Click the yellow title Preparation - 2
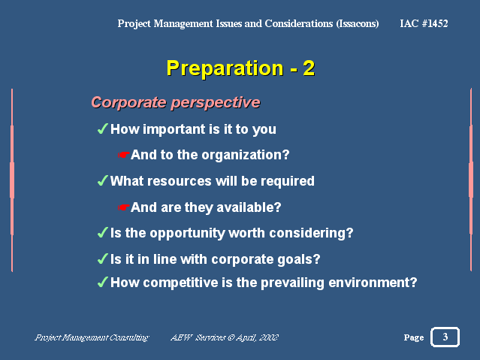click(240, 68)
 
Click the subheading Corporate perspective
click(176, 102)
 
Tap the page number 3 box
click(445, 337)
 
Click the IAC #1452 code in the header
click(424, 23)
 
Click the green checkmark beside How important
click(103, 129)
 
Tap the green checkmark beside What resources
click(103, 180)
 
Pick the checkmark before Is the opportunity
click(103, 232)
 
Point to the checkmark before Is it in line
click(103, 259)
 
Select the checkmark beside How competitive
click(103, 282)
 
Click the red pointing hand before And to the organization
click(124, 155)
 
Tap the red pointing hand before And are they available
click(124, 207)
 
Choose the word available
click(249, 207)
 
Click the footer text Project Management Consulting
click(92, 337)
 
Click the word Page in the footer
click(414, 337)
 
